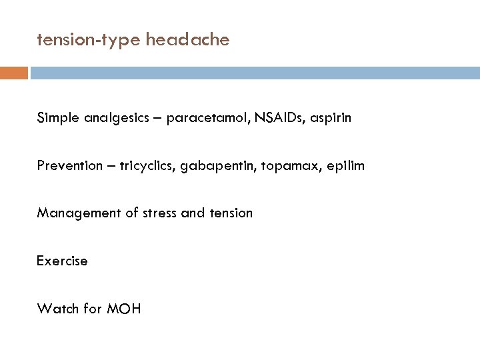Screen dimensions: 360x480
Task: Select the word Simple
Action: tap(57, 118)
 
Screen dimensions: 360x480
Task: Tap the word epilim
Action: tap(347, 165)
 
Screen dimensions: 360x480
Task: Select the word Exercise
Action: tap(62, 261)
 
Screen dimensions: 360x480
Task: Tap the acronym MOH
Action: tap(123, 308)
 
